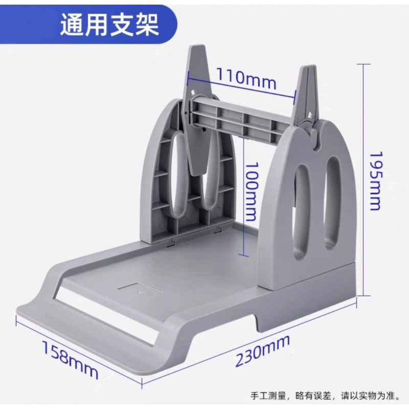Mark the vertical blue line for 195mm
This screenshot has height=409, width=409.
pos(363,179)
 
